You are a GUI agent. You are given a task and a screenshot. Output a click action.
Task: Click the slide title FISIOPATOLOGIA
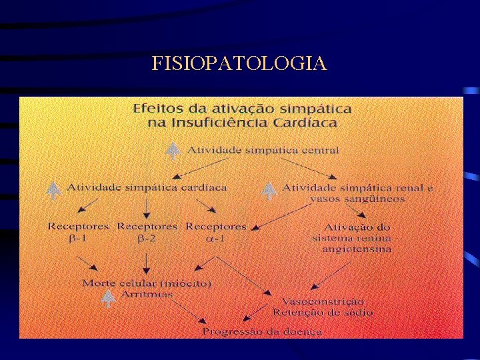coord(239,63)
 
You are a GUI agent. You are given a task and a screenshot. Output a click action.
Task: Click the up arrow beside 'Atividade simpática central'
coord(173,150)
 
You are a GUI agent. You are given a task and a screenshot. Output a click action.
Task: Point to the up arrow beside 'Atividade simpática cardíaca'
coord(53,189)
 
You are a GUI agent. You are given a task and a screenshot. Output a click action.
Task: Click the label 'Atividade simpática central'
coord(263,150)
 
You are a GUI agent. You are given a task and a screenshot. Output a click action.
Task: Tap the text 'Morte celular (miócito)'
coord(147,283)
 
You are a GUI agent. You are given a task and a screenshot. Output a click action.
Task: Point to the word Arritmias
coord(146,294)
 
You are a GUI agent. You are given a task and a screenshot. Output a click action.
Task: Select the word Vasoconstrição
coord(323,301)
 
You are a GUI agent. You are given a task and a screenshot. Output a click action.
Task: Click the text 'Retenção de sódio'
coord(323,312)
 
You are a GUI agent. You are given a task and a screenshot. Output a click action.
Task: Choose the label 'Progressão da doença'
coord(262,331)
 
